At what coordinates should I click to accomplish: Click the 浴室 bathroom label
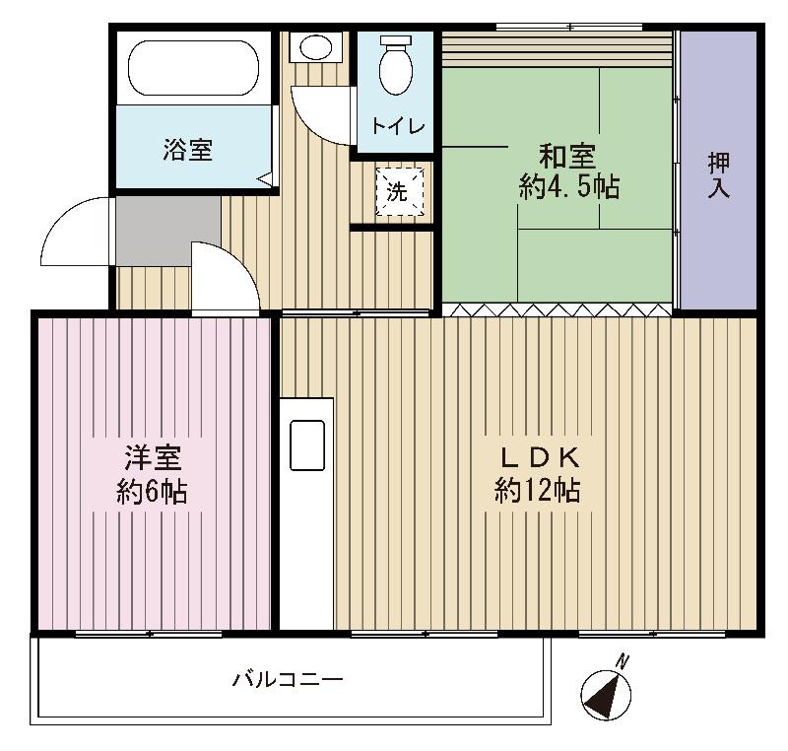[188, 150]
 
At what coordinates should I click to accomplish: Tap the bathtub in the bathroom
[193, 67]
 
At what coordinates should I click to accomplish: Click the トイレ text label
[397, 127]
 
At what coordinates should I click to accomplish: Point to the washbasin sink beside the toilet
[317, 46]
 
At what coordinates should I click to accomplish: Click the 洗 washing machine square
[398, 191]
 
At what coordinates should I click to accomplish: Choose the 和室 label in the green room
[567, 157]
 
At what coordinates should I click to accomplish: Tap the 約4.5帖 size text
[568, 187]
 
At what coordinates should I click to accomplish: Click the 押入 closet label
[718, 174]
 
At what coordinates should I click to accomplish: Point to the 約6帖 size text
[153, 492]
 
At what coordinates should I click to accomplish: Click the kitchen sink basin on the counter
[306, 445]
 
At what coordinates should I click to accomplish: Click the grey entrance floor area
[167, 231]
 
